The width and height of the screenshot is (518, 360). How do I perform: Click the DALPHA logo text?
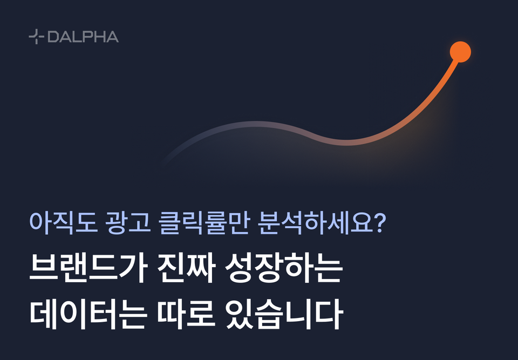[x=83, y=37]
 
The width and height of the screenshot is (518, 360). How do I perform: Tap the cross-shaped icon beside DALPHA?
[x=36, y=37]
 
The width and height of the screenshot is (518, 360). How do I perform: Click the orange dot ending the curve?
[x=460, y=52]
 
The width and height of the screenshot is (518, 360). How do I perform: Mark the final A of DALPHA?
[x=112, y=37]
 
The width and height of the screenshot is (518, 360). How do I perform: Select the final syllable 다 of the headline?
[x=329, y=315]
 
